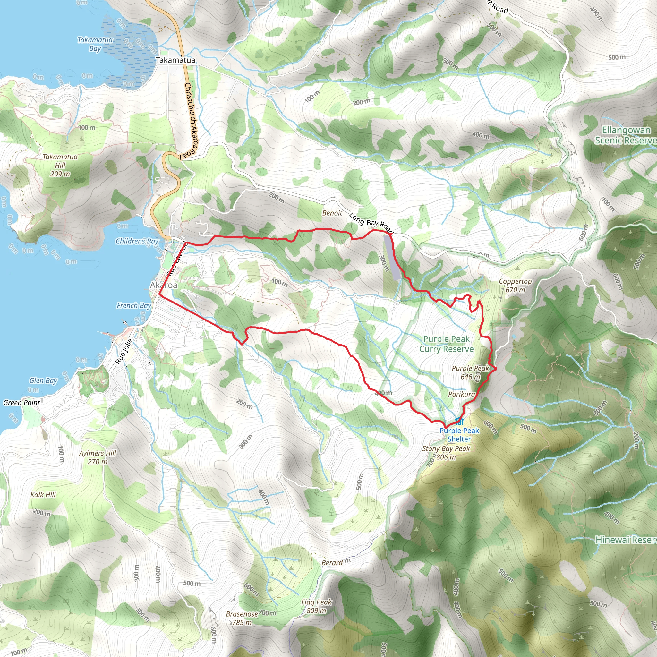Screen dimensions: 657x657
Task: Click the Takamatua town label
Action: [x=175, y=60]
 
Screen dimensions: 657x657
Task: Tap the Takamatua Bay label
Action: [x=95, y=44]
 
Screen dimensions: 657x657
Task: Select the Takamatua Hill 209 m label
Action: [x=60, y=165]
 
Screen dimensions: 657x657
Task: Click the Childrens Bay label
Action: [x=137, y=241]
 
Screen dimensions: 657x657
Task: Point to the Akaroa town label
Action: [x=164, y=285]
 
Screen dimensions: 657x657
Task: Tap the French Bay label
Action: [x=134, y=305]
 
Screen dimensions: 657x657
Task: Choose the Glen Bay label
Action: [x=43, y=380]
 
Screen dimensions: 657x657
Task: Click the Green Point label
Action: [x=21, y=403]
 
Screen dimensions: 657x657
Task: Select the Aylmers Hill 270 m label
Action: [x=98, y=457]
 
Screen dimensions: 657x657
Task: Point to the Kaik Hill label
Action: [x=43, y=494]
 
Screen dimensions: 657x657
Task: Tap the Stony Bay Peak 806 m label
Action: [x=446, y=453]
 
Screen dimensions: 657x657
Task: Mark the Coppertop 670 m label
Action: [x=515, y=285]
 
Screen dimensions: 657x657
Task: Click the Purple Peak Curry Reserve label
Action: [x=446, y=344]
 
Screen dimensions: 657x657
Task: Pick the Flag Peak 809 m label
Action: [x=316, y=606]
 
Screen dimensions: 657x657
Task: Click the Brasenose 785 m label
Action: [x=242, y=618]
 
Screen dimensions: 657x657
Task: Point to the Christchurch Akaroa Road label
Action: [x=191, y=121]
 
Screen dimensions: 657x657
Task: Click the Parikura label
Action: [x=461, y=394]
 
